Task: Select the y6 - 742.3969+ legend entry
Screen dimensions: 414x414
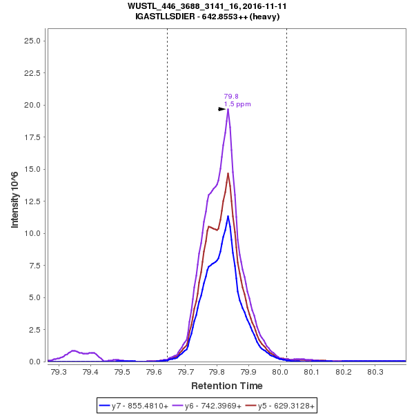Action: (x=213, y=406)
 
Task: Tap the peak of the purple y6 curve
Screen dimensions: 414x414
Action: (x=228, y=109)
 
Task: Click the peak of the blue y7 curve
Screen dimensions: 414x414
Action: (x=228, y=216)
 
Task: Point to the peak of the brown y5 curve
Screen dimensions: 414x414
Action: (x=228, y=173)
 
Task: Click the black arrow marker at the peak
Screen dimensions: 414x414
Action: (x=222, y=109)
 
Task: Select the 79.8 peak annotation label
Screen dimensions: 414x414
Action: (x=231, y=97)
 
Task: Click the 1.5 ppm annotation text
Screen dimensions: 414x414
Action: (x=237, y=104)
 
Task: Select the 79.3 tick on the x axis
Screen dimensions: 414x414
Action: (x=59, y=372)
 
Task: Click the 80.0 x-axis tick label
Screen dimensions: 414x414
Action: (x=281, y=372)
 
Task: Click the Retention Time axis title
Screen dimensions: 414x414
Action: (x=227, y=385)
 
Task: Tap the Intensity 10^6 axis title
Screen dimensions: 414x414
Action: (x=14, y=201)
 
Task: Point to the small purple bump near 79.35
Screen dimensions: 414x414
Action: (x=74, y=351)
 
